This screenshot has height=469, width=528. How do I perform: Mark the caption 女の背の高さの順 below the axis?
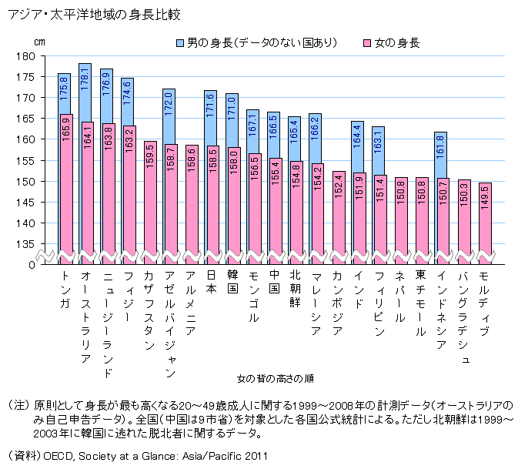tap(275, 378)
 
